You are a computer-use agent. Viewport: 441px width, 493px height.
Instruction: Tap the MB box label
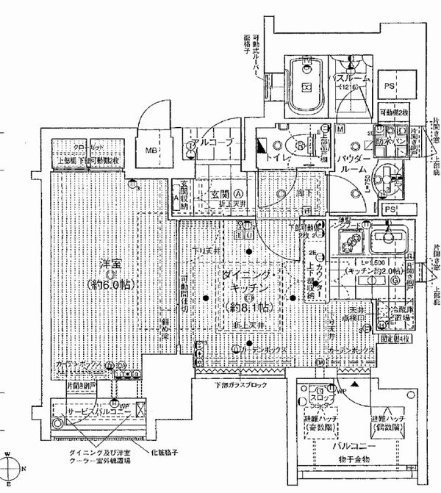[151, 151]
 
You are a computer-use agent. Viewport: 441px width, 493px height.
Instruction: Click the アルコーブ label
[212, 141]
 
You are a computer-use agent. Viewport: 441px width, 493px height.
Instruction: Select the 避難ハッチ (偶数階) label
[385, 422]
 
